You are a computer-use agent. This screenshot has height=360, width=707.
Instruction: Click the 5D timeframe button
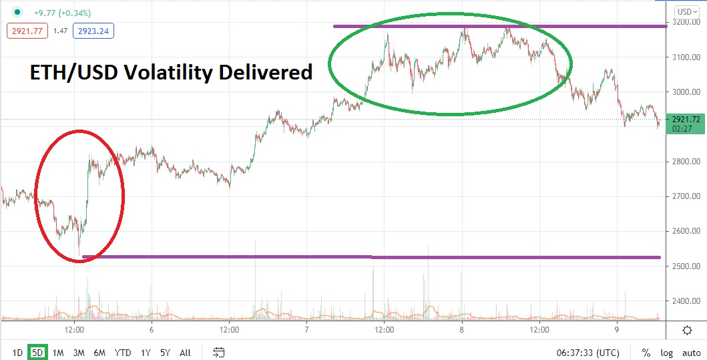tap(38, 352)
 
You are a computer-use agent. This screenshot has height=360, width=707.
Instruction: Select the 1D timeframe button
tap(17, 352)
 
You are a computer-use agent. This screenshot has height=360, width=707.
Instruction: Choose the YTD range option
tap(123, 352)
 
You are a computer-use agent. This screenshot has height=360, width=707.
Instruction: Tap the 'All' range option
tap(185, 352)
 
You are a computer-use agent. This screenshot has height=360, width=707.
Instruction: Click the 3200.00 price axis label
tap(687, 22)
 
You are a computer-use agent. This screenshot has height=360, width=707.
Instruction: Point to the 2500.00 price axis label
tap(687, 266)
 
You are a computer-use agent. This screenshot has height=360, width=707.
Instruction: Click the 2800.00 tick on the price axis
tap(687, 162)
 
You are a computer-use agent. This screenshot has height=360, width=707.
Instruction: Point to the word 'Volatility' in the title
tap(172, 72)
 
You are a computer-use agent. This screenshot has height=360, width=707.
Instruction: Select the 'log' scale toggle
tap(667, 352)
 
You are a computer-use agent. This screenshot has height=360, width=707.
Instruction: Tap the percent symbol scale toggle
tap(646, 352)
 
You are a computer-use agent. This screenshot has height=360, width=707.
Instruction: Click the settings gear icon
tap(687, 330)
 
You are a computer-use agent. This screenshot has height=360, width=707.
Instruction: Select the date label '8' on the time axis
tap(461, 330)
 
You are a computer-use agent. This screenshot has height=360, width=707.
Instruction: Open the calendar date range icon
tap(218, 352)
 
